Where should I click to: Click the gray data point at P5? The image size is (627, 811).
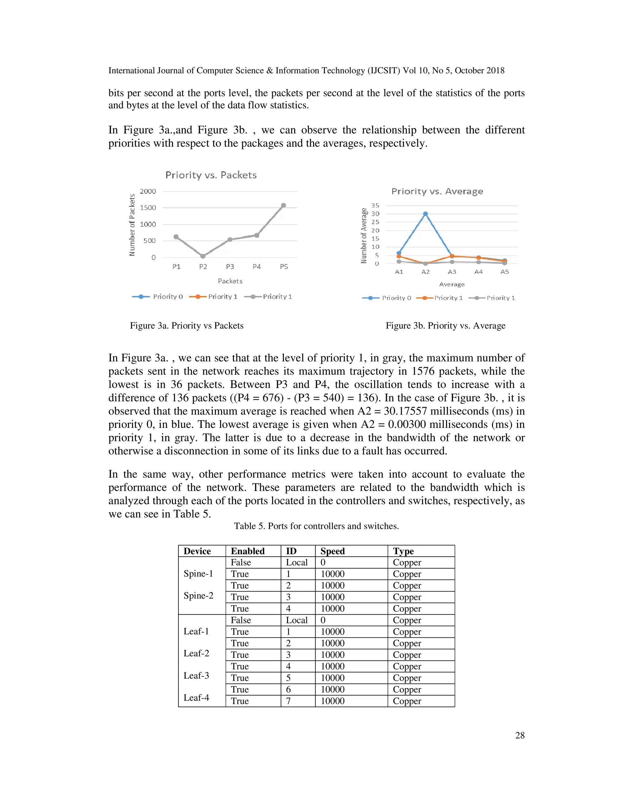[283, 205]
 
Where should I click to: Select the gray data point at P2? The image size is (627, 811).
[203, 256]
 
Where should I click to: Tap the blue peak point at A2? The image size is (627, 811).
[425, 214]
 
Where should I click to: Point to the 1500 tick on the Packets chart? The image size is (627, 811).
[148, 207]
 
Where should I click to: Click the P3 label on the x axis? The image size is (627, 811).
[230, 267]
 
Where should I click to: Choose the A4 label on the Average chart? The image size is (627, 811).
[479, 272]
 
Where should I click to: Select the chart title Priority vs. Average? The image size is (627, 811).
[437, 191]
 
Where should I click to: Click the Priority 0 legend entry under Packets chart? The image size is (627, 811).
[158, 296]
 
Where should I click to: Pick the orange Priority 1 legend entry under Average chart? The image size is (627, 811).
[440, 298]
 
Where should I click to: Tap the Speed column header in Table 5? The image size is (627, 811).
[332, 551]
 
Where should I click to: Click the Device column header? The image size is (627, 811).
[197, 551]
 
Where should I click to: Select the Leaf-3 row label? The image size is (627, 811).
[196, 675]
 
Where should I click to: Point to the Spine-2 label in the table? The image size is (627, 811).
[198, 596]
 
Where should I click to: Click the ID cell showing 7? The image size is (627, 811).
[288, 701]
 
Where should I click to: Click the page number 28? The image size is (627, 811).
[520, 735]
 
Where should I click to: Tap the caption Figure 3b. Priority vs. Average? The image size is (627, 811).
[445, 326]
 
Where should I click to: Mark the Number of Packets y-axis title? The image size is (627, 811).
[132, 225]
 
